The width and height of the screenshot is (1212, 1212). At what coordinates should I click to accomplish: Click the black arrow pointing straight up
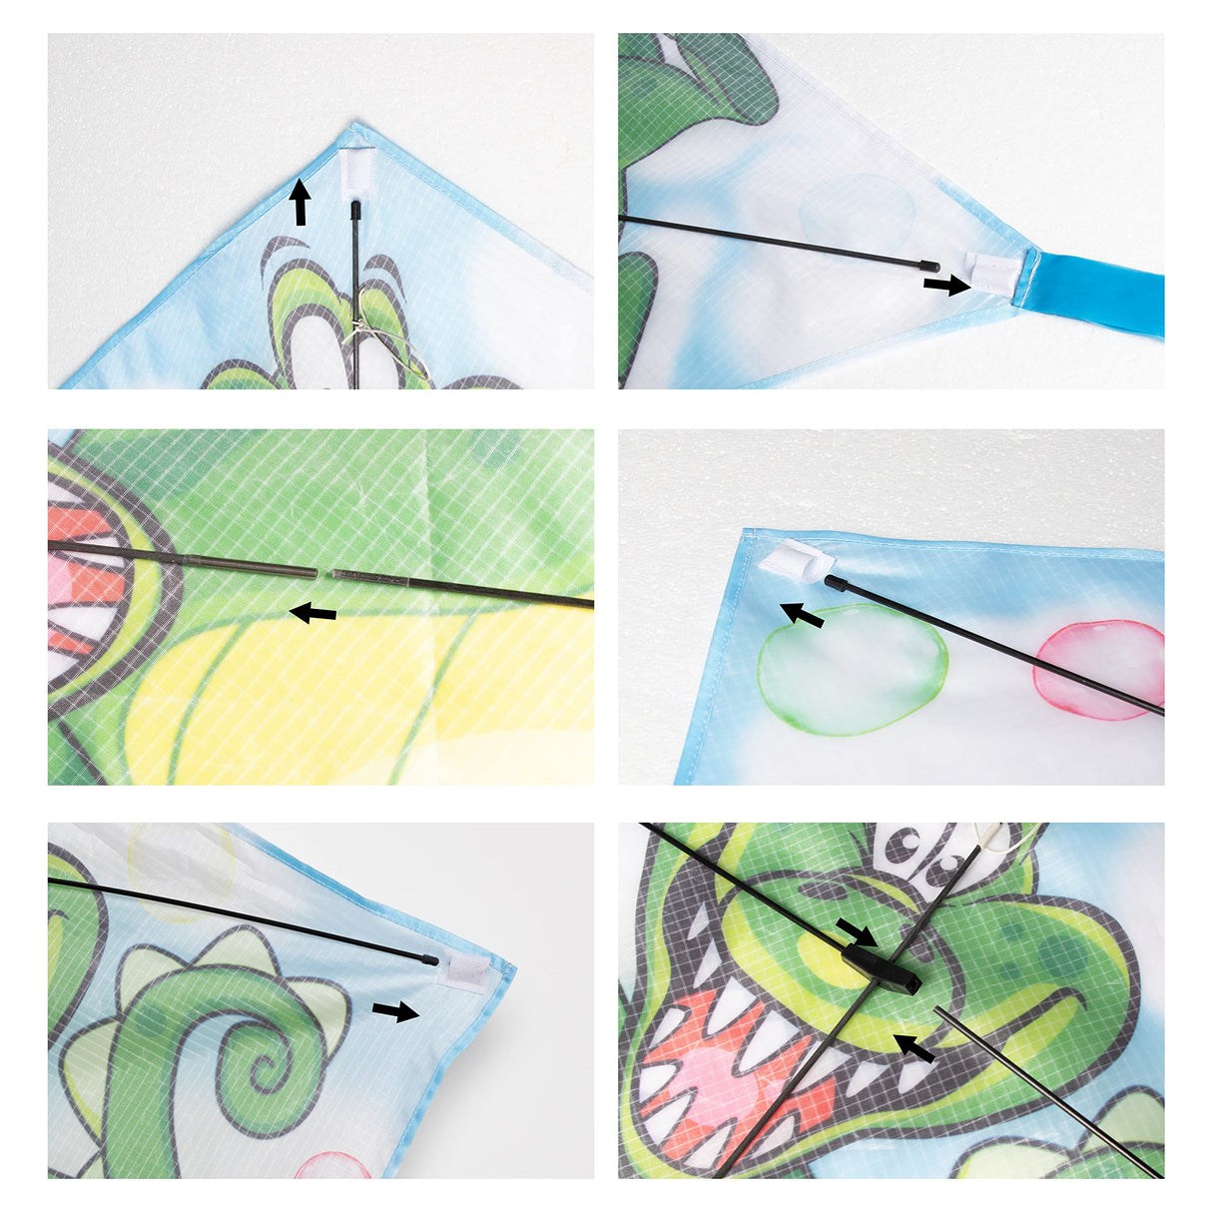pos(299,203)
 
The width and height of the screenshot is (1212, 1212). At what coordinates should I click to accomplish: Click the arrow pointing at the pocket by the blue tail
pos(944,286)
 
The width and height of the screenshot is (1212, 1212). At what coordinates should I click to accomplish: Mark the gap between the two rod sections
pos(324,573)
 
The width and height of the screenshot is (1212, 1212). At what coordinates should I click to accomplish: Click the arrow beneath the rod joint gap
pos(312,613)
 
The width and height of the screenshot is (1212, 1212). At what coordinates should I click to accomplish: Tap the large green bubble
pos(853,668)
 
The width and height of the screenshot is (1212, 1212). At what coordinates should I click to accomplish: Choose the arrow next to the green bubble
pos(802,613)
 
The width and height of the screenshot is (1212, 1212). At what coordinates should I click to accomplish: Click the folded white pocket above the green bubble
pos(795,556)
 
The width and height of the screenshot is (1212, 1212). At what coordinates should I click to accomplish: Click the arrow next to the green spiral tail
pos(395,1011)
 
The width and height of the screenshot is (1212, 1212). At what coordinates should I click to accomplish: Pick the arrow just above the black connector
pos(856,931)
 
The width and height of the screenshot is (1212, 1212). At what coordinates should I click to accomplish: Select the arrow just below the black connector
pos(914,1047)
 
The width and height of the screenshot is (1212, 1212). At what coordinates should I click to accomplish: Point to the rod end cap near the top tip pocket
pos(356,209)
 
